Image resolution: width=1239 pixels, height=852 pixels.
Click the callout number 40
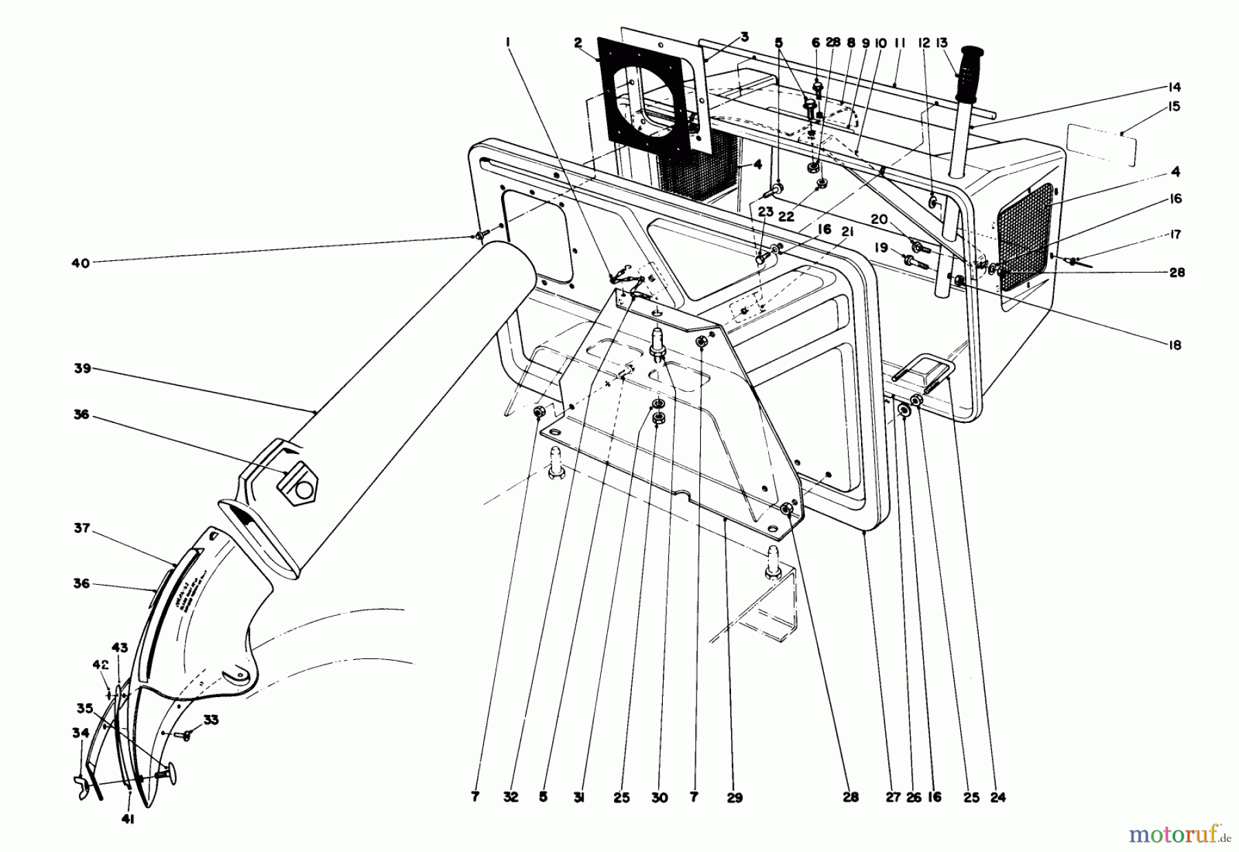point(81,262)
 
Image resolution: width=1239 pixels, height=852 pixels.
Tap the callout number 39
point(82,369)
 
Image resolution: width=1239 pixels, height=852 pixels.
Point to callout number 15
point(1174,107)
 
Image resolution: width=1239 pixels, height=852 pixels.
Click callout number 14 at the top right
point(1174,87)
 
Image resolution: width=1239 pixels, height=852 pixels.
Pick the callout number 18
point(1174,345)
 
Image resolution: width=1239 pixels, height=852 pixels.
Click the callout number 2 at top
point(578,42)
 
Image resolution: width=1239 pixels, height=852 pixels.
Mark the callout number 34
point(81,734)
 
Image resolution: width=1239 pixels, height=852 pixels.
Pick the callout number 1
point(507,42)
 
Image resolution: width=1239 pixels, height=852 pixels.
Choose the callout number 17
point(1174,235)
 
